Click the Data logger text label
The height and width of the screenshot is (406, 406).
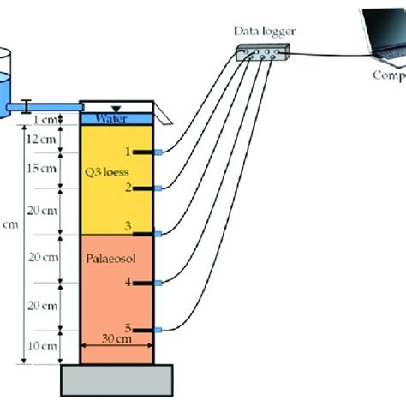(266, 32)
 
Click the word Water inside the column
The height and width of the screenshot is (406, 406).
(113, 118)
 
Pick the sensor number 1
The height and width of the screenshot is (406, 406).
(128, 152)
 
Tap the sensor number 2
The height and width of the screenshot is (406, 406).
(128, 187)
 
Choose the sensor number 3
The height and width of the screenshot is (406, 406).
(128, 226)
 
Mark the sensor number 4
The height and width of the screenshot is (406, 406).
(128, 282)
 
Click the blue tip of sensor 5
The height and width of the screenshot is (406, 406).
(158, 328)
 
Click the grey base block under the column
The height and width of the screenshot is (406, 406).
(116, 376)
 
